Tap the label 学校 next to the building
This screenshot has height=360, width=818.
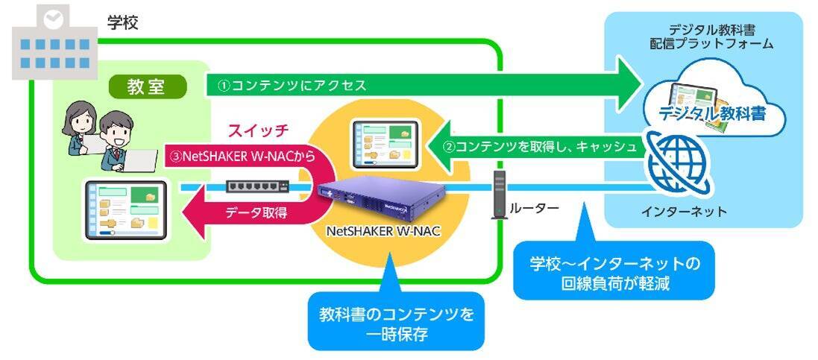pyautogui.click(x=122, y=22)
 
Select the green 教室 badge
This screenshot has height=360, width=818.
pyautogui.click(x=148, y=87)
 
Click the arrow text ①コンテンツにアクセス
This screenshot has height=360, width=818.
pyautogui.click(x=292, y=86)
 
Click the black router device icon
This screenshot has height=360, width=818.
pyautogui.click(x=499, y=195)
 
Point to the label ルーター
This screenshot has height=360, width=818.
pyautogui.click(x=534, y=209)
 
